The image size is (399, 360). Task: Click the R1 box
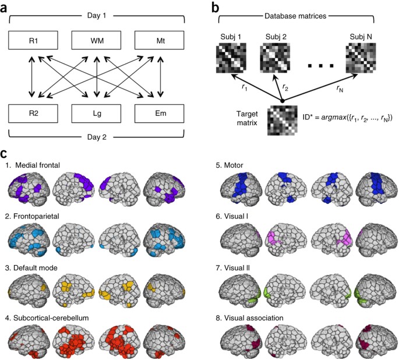point(33,41)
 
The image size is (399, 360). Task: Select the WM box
point(96,41)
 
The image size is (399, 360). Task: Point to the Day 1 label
point(96,12)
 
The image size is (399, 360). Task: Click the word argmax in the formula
point(342,119)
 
